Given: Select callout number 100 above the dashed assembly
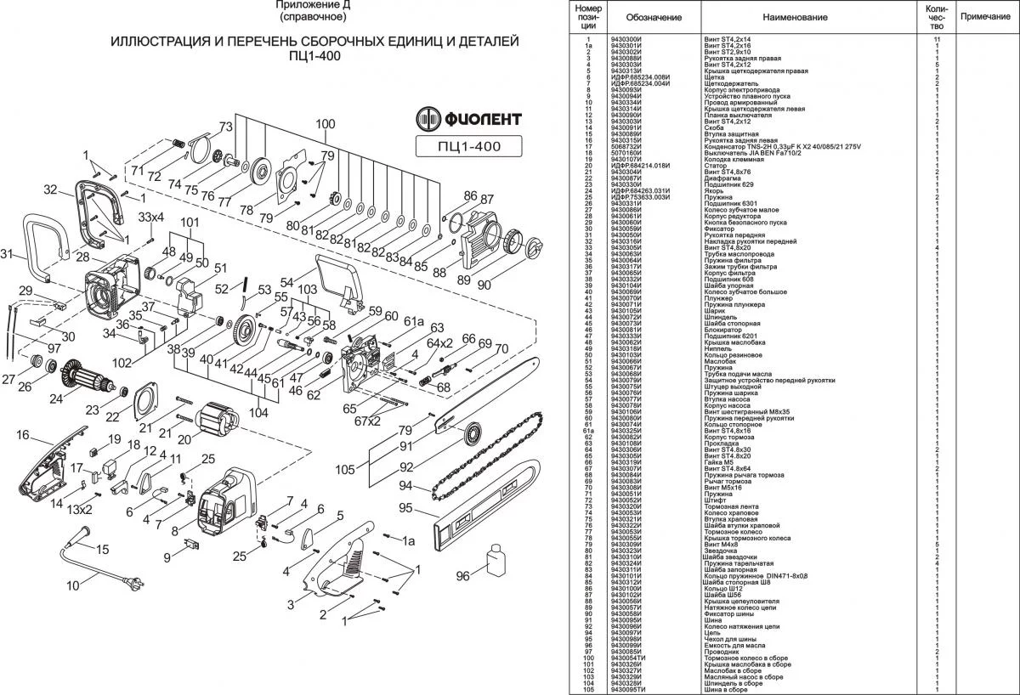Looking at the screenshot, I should [x=325, y=124].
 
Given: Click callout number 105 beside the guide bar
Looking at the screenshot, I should [x=345, y=470].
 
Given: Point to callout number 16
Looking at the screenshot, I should [x=23, y=435].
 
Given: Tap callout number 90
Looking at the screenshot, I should [x=484, y=286].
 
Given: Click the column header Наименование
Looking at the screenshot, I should [x=795, y=17].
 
